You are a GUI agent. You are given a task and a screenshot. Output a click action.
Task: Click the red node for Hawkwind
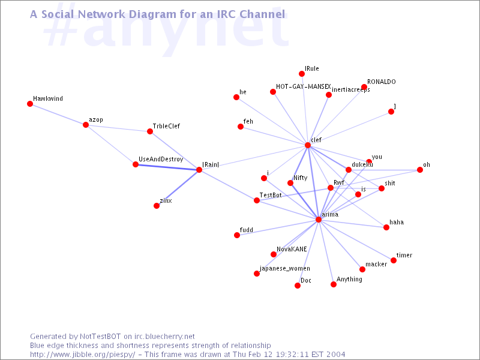[x=30, y=104]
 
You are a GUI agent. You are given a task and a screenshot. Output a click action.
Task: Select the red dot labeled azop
[x=86, y=125]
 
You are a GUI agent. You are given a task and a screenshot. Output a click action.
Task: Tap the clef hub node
[x=308, y=145]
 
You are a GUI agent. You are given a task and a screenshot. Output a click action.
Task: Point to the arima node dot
[x=319, y=220]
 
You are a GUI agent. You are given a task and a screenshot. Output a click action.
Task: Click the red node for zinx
[x=157, y=206]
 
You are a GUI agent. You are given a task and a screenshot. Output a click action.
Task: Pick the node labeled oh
[x=420, y=170]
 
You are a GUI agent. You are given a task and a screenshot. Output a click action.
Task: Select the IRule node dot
[x=302, y=74]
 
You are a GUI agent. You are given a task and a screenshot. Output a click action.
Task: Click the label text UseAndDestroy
[x=161, y=160]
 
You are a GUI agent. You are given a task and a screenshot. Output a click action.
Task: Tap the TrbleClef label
[x=166, y=126]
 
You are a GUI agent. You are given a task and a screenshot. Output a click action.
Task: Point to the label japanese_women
[x=284, y=268]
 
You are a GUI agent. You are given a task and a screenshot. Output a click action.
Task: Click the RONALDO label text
[x=382, y=82]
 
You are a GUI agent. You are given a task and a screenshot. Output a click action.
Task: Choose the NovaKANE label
[x=292, y=249]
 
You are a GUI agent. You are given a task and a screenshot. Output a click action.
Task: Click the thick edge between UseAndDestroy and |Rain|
[x=167, y=167]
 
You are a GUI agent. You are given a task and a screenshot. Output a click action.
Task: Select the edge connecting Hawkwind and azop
[x=58, y=114]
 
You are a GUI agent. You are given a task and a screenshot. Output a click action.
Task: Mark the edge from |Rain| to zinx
[x=178, y=188]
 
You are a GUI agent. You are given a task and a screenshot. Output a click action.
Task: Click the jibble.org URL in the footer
[x=82, y=355]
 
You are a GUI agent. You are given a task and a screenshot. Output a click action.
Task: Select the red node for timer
[x=394, y=260]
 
